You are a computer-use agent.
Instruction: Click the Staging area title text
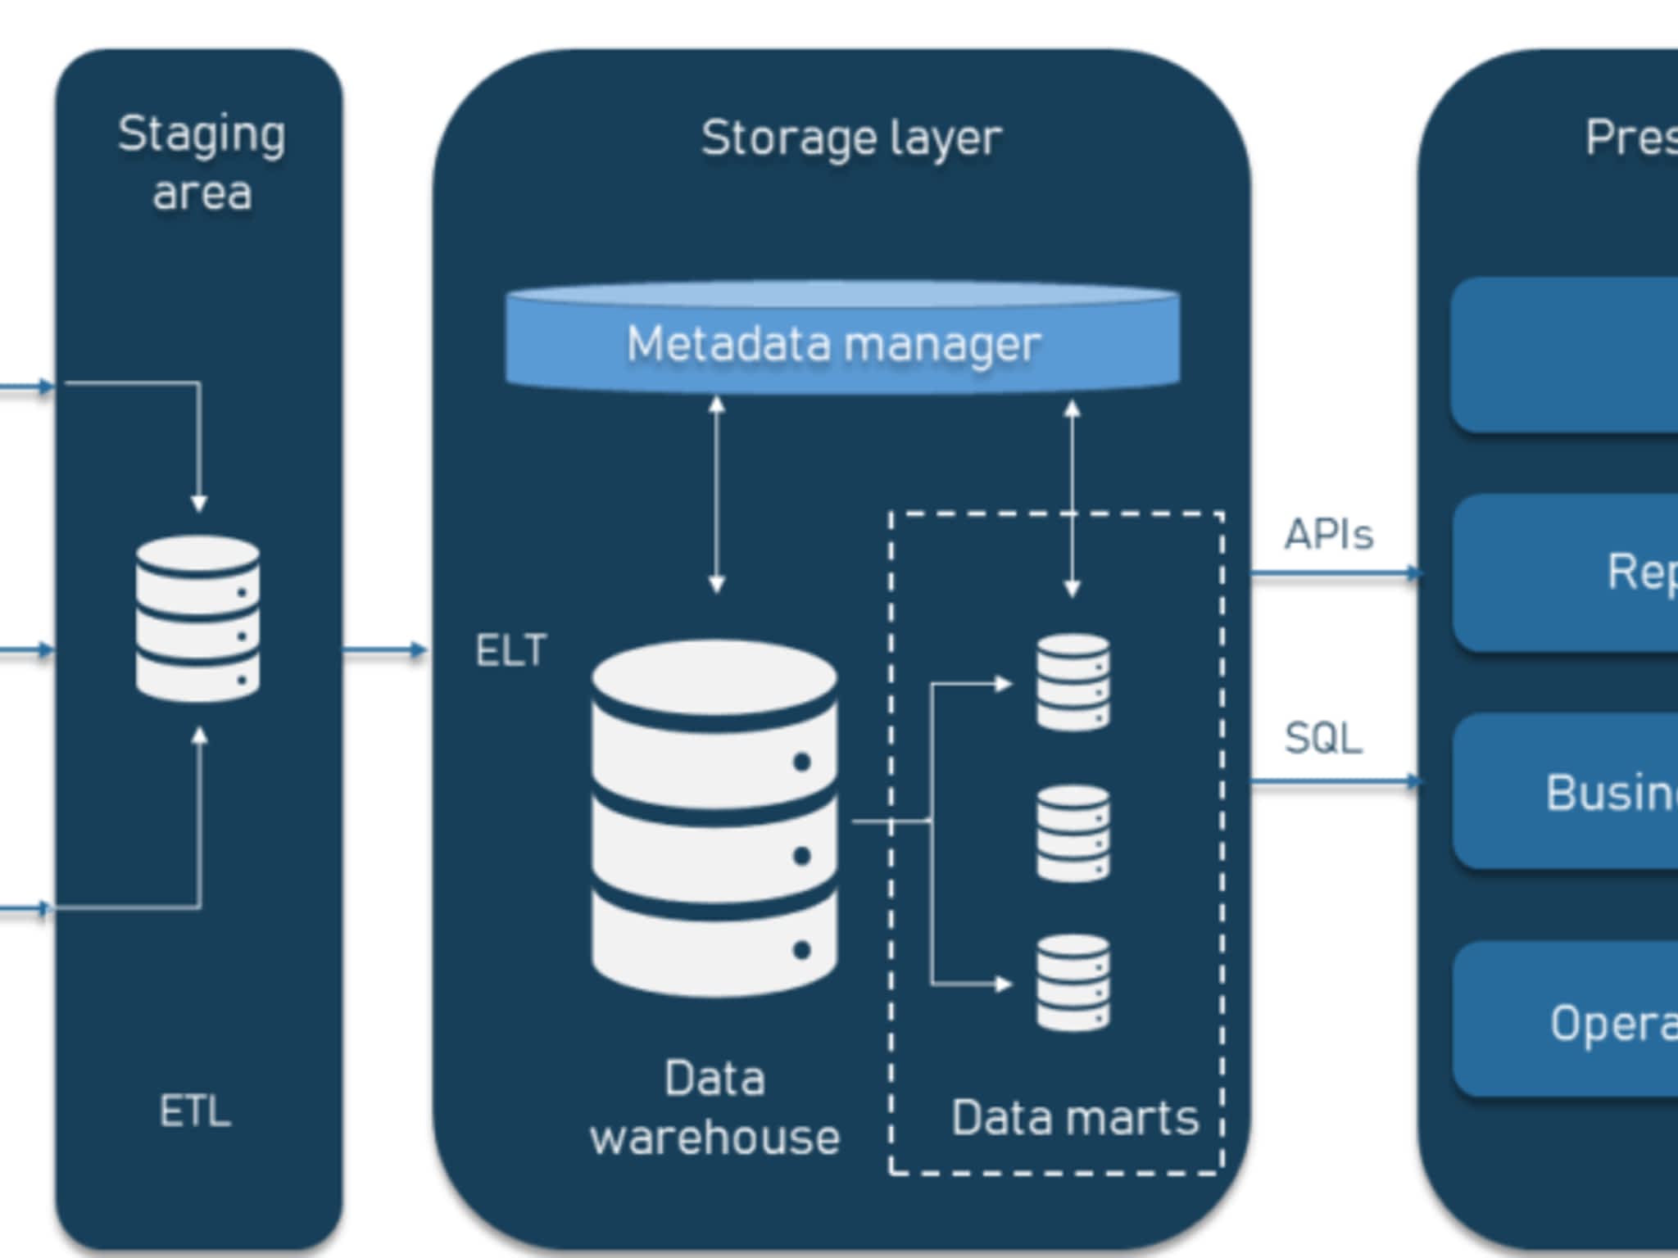pyautogui.click(x=202, y=163)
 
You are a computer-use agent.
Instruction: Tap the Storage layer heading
pyautogui.click(x=851, y=138)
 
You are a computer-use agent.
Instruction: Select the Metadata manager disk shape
pyautogui.click(x=842, y=338)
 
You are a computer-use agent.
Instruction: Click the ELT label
pyautogui.click(x=511, y=651)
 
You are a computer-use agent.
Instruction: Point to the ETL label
pyautogui.click(x=195, y=1111)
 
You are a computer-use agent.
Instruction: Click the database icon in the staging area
pyautogui.click(x=198, y=618)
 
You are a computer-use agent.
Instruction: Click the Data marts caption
pyautogui.click(x=1074, y=1117)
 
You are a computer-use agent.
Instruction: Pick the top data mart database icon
pyautogui.click(x=1073, y=681)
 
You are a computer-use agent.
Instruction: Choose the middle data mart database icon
pyautogui.click(x=1073, y=833)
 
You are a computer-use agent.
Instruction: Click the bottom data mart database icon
pyautogui.click(x=1073, y=983)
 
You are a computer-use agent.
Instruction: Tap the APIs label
pyautogui.click(x=1328, y=535)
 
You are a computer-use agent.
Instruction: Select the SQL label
pyautogui.click(x=1323, y=738)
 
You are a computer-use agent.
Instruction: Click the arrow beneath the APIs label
pyautogui.click(x=1336, y=573)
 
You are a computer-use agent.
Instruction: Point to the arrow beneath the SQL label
pyautogui.click(x=1336, y=782)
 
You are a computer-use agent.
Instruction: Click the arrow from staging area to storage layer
pyautogui.click(x=384, y=650)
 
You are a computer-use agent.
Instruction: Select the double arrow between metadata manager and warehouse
pyautogui.click(x=717, y=495)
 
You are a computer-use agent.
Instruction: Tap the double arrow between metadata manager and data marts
pyautogui.click(x=1072, y=497)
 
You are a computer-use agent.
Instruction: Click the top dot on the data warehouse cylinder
pyautogui.click(x=802, y=762)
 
